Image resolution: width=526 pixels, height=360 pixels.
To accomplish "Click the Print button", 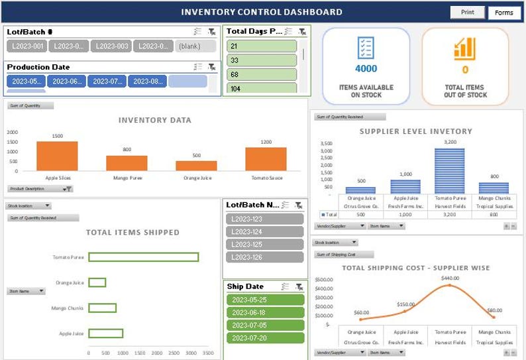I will click(468, 12).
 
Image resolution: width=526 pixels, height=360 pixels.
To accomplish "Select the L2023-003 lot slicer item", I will click(111, 46).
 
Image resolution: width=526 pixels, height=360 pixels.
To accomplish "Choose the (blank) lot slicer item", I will click(196, 46).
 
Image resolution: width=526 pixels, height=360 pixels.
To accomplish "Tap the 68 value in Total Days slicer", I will click(262, 74).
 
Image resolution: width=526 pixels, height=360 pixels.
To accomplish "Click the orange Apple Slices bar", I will click(57, 156).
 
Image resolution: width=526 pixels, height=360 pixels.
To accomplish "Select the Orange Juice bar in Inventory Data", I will click(196, 166).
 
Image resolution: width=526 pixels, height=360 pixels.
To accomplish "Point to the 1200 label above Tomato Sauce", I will click(266, 142).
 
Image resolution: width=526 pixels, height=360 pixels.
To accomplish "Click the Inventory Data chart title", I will click(155, 120).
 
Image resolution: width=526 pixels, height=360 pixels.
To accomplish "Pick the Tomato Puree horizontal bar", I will click(144, 257).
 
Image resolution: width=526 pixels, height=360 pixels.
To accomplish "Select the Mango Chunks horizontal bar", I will click(103, 308).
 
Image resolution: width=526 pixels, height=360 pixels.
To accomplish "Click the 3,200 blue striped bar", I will click(449, 170).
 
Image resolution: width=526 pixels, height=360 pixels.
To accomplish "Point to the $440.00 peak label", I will click(450, 278).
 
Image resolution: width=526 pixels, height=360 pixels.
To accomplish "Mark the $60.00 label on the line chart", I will click(361, 312).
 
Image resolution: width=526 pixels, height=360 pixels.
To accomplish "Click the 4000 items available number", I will click(366, 69).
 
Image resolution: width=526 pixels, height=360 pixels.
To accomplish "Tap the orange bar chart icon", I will click(465, 48).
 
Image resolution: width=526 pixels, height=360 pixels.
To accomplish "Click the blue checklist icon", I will click(366, 47).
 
